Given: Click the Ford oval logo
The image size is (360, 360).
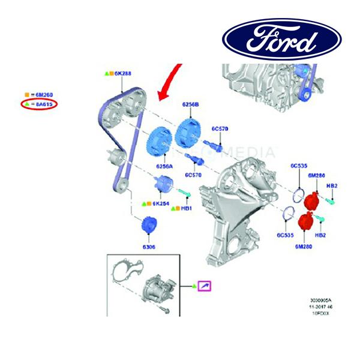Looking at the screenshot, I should tap(281, 39).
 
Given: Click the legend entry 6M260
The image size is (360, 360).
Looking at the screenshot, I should tap(43, 95).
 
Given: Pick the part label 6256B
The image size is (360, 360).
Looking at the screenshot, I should tap(191, 105).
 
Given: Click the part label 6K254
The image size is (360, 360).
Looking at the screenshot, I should tap(160, 204).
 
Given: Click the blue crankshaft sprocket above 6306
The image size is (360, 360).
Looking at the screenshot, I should tap(148, 227).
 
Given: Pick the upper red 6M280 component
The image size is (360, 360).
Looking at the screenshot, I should tap(311, 198).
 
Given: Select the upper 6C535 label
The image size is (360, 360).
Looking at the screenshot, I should tap(298, 165).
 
